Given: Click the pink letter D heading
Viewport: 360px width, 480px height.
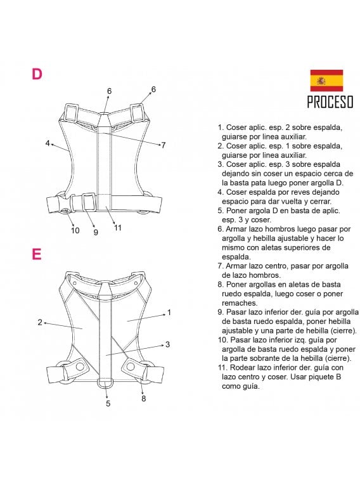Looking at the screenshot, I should [x=37, y=74].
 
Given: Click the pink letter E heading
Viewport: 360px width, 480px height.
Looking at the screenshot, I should [x=37, y=254].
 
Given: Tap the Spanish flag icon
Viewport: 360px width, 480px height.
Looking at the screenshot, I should [x=326, y=81].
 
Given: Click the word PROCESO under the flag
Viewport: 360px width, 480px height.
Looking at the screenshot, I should [x=330, y=101].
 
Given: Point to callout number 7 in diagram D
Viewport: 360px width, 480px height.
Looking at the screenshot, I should [x=163, y=145].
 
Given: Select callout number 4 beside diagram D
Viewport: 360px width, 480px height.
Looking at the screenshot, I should [x=48, y=143].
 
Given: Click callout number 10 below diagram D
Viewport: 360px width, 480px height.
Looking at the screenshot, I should [x=75, y=230].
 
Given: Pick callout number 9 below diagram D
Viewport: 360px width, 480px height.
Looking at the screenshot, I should [x=96, y=232].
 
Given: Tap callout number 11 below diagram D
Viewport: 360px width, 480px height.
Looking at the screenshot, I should [x=118, y=228].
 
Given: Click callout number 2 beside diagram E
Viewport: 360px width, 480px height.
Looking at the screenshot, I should [x=40, y=322].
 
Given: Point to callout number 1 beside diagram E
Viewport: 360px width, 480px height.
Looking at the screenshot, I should [x=169, y=312].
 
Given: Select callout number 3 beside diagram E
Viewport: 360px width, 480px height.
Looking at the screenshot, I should [x=167, y=344].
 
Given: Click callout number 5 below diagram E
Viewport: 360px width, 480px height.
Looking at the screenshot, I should [x=108, y=403].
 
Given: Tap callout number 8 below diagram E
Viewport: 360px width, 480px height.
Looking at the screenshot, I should [x=144, y=398].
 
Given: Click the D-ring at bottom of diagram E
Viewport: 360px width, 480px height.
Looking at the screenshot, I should [x=107, y=384].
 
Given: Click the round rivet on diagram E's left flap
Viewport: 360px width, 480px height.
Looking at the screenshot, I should [x=80, y=367].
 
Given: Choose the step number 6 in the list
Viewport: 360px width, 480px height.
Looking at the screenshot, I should [x=219, y=229].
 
